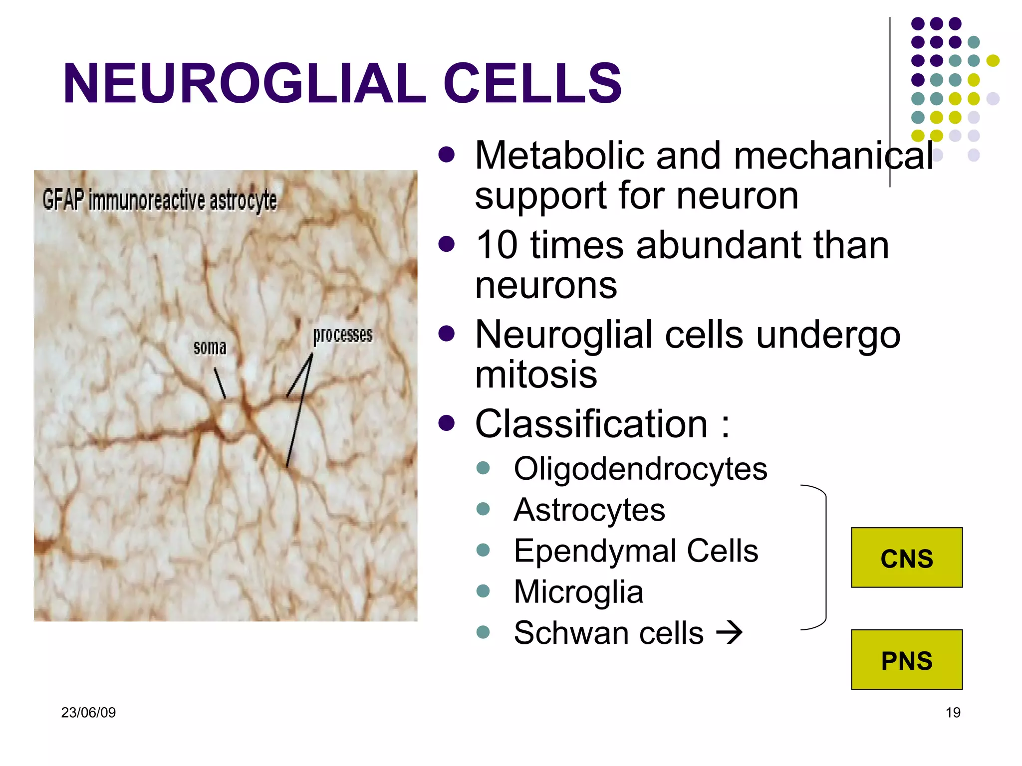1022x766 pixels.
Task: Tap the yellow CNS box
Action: (906, 558)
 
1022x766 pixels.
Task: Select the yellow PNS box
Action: (906, 660)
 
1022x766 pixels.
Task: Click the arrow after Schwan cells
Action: (729, 633)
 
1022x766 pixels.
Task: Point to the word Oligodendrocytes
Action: (640, 469)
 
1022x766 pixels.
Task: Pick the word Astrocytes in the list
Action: (589, 510)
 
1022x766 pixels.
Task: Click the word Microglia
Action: (578, 592)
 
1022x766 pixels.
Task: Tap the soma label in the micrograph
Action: (210, 347)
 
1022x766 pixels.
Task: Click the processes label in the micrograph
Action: (342, 335)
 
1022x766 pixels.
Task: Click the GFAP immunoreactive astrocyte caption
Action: (160, 200)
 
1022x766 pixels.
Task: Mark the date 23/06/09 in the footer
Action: (88, 712)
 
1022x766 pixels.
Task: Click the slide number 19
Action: (953, 712)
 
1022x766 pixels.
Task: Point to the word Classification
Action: (591, 424)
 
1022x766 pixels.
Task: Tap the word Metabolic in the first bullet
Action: (559, 156)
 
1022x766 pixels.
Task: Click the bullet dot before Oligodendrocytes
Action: (483, 468)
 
